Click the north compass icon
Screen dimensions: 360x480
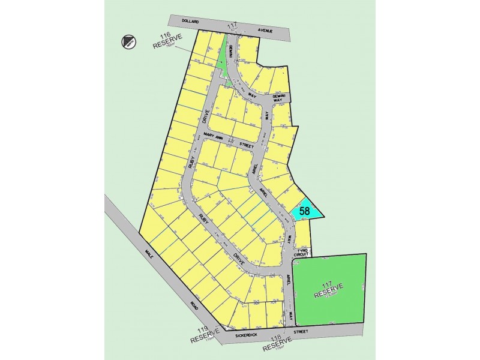[128, 41]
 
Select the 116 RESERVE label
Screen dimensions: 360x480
[167, 40]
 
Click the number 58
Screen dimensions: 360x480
[305, 211]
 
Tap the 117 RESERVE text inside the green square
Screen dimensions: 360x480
[327, 291]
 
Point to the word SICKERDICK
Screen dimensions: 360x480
[238, 331]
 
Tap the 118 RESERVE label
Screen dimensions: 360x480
[278, 344]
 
